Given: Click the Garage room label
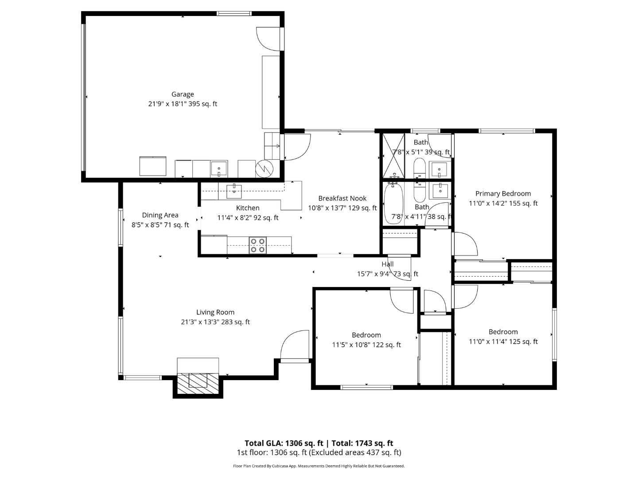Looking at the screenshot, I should [x=183, y=94].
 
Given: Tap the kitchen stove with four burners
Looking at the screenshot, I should [x=258, y=245].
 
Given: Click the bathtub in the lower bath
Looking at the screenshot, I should [x=393, y=202].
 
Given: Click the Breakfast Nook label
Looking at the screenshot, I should [x=342, y=198].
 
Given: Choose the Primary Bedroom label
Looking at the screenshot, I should [x=503, y=193].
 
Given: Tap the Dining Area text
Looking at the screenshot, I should [x=160, y=215].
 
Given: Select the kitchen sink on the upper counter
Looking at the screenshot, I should [x=233, y=191].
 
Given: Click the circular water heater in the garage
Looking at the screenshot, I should [x=265, y=168].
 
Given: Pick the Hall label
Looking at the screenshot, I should [x=387, y=264].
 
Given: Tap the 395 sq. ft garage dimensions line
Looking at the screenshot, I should [x=183, y=104].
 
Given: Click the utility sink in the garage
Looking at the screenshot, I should [x=219, y=169].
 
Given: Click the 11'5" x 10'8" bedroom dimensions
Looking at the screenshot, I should [x=366, y=345].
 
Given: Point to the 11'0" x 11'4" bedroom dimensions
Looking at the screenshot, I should [x=503, y=342].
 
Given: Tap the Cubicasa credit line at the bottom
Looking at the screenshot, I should [x=319, y=466].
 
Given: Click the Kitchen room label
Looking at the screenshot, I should [x=248, y=208].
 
